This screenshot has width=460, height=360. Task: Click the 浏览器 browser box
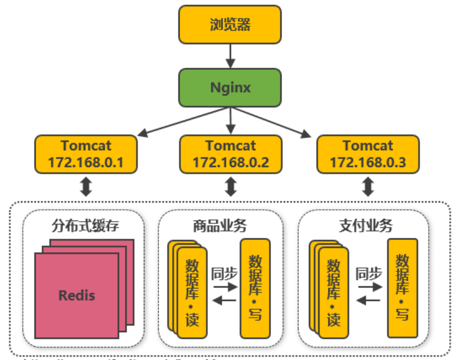[x=230, y=25]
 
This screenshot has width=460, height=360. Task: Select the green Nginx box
[x=230, y=87]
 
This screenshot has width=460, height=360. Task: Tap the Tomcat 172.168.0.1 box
[x=85, y=154]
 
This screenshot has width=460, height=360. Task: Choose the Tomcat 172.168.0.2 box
[x=230, y=154]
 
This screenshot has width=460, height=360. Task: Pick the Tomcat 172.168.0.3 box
[x=367, y=154]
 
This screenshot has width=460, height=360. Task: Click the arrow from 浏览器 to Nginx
[x=230, y=56]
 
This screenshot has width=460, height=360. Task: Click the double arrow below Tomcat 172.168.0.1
[x=85, y=187]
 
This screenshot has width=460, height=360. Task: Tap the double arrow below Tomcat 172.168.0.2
[x=230, y=187]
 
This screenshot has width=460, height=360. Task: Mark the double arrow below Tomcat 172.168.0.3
[x=367, y=187]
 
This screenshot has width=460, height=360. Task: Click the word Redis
[x=76, y=295]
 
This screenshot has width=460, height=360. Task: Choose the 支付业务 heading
[x=365, y=226]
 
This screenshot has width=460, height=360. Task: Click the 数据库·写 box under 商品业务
[x=255, y=288]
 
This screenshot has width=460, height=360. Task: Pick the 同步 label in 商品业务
[x=224, y=273]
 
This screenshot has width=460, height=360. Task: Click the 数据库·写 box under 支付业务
[x=402, y=288]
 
